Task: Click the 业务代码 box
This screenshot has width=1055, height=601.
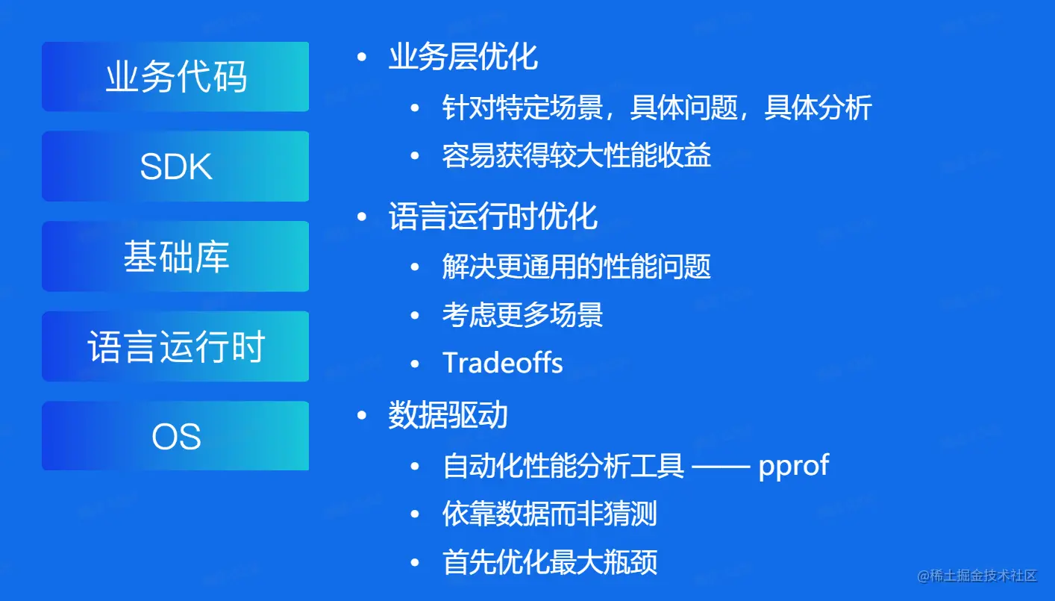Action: pos(175,77)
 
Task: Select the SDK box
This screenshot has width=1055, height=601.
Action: pos(175,166)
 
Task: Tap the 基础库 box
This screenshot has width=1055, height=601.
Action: pos(175,256)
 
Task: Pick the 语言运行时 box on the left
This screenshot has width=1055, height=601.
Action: pos(175,346)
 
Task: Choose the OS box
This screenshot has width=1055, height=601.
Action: pos(175,436)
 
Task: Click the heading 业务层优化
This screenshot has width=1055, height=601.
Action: pos(463,57)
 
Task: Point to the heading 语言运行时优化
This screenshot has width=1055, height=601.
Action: pos(492,217)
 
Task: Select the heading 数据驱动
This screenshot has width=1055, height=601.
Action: pos(448,415)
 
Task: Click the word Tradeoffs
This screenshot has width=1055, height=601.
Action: pos(503,363)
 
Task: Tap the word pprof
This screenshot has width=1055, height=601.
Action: pos(794,467)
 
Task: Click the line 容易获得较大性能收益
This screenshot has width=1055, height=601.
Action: pos(577,155)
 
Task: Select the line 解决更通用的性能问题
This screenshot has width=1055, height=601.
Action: pos(577,267)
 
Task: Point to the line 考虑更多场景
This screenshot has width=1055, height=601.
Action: pos(523,315)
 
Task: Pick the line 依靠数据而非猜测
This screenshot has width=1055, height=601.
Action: pos(550,514)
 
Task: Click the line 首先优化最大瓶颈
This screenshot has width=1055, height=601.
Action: pos(550,562)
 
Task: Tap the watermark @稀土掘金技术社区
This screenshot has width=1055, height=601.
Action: pos(977,576)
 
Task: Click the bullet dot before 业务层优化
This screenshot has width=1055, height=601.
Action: pos(362,57)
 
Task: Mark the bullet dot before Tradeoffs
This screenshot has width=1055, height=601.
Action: pos(415,364)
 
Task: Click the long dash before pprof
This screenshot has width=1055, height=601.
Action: pos(721,467)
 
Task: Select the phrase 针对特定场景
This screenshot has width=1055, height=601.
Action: pos(523,108)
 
